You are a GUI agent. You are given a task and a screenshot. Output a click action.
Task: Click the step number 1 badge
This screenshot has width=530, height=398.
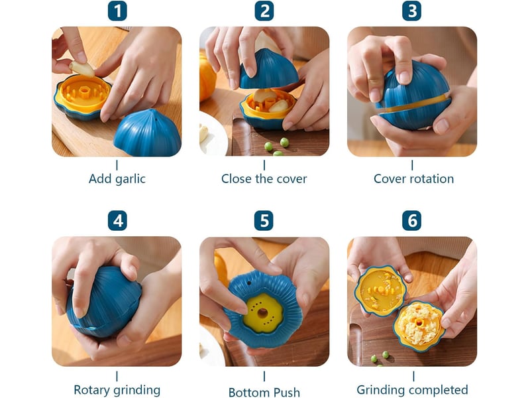point(117,11)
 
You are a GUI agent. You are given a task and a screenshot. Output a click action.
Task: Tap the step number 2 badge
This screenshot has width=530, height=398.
point(264,11)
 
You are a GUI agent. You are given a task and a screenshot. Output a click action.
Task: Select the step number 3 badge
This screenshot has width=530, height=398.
point(411,11)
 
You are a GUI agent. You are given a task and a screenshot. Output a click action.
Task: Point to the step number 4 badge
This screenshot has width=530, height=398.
point(117,221)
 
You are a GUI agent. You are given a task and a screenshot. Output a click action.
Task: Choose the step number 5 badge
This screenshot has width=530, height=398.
point(264,221)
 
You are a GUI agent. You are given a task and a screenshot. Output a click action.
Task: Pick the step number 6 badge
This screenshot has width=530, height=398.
point(411,221)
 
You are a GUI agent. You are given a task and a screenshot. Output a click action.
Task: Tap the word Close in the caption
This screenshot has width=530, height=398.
point(237,178)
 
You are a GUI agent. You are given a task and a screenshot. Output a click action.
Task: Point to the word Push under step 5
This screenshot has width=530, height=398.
point(287,392)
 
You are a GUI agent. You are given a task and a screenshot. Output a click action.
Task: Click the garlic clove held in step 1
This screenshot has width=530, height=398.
point(82,69)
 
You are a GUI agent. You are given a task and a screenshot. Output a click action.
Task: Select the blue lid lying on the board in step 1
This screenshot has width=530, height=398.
point(147,133)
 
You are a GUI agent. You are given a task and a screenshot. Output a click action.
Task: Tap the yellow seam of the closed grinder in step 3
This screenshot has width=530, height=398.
point(413,105)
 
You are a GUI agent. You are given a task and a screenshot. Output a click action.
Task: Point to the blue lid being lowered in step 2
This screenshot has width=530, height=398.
point(268,70)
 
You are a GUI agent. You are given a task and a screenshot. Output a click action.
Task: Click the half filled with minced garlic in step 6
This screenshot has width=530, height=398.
point(419,325)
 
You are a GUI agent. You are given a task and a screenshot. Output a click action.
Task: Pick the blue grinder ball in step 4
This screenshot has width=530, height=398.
point(104,301)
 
